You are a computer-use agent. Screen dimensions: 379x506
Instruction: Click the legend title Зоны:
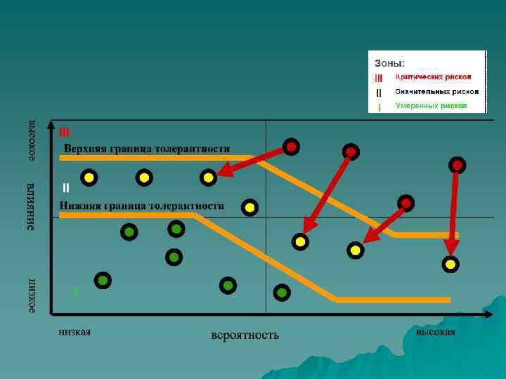[x=389, y=63]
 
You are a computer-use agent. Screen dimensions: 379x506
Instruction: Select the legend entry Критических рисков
[x=433, y=77]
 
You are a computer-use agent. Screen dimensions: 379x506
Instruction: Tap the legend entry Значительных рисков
[x=436, y=91]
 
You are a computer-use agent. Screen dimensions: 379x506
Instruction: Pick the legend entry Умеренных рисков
[x=431, y=106]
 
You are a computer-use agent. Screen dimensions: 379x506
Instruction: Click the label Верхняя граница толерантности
[x=147, y=148]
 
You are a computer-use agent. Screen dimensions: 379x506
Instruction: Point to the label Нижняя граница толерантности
[x=141, y=206]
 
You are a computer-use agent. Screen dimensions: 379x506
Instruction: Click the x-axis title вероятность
[x=245, y=335]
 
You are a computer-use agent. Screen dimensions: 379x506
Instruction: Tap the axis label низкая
[x=75, y=331]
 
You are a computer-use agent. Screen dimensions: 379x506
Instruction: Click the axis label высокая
[x=435, y=331]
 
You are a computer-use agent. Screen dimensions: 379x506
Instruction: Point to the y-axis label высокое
[x=32, y=140]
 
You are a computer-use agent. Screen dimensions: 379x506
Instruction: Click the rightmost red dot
[x=457, y=165]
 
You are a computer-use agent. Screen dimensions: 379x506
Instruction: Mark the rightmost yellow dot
[x=450, y=265]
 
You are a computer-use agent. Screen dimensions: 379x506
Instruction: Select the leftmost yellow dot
[x=89, y=178]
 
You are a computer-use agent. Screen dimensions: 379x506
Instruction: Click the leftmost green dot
[x=103, y=281]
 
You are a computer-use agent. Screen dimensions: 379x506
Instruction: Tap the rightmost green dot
[x=282, y=291]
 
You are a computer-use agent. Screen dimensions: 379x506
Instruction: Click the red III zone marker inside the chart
[x=65, y=131]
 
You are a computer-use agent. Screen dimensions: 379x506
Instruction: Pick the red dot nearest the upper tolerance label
[x=291, y=147]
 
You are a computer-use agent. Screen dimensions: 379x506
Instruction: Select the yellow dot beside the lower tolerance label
[x=249, y=207]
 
